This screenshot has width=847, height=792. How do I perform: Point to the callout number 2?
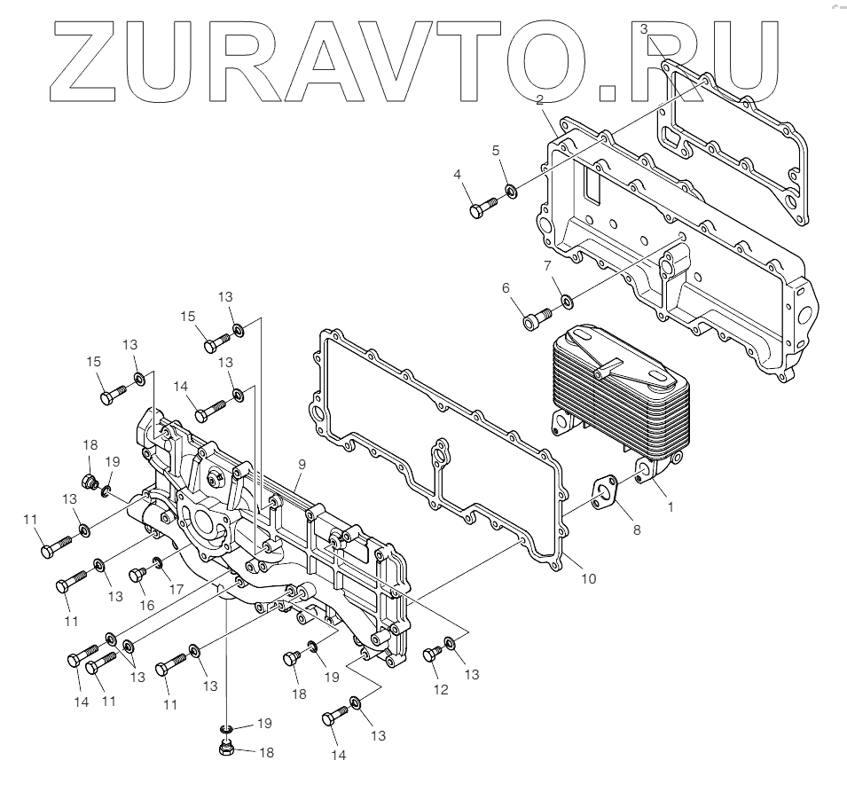tap(540, 102)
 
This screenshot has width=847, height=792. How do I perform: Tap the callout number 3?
tap(645, 29)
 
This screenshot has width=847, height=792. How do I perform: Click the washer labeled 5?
tap(512, 191)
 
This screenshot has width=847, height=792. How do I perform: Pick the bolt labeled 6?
tap(535, 316)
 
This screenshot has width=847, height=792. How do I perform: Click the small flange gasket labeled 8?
tap(608, 495)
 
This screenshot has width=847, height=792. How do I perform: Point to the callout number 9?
tap(302, 464)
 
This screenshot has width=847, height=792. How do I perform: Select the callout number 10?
tap(588, 578)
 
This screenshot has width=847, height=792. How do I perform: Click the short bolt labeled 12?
tap(433, 654)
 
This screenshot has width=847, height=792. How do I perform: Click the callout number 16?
tap(146, 605)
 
